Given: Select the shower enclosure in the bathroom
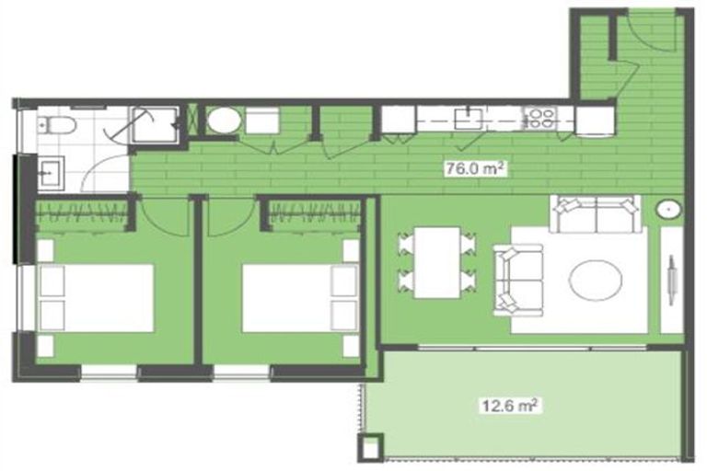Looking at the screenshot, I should pyautogui.click(x=153, y=125).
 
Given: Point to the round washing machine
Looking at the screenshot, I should pyautogui.click(x=222, y=121).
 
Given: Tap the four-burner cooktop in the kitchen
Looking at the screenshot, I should pyautogui.click(x=538, y=118).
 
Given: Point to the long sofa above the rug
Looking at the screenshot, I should pyautogui.click(x=596, y=214).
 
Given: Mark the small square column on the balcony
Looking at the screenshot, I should pyautogui.click(x=372, y=449).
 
